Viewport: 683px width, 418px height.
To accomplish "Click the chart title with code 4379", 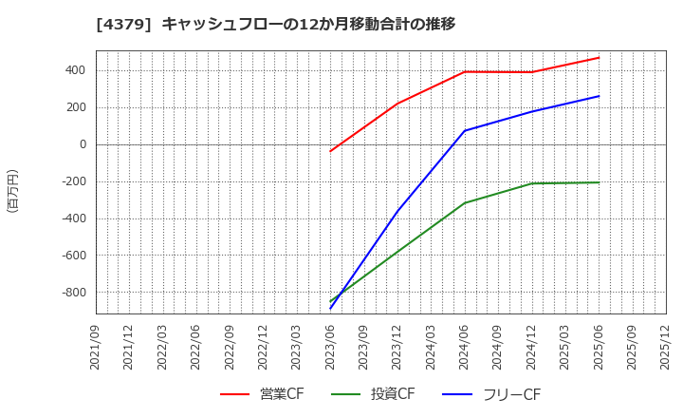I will coord(275,24).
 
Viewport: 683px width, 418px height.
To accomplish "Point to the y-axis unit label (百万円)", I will coord(12,190).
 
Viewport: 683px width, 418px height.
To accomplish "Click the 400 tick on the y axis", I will coord(76,70).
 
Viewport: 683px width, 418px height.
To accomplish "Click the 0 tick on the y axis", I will coord(83,144).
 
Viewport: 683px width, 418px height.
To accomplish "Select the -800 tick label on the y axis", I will coord(73,293).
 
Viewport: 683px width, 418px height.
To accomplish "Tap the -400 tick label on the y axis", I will coord(73,218).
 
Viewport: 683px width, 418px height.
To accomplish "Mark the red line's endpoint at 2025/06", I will coord(599,58).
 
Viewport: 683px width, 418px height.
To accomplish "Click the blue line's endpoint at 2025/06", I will coord(599,96).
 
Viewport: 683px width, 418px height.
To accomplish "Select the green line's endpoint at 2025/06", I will coord(599,182).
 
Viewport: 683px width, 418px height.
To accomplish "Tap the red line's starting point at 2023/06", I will coord(331,151).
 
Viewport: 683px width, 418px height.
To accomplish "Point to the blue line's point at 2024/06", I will coord(465,130).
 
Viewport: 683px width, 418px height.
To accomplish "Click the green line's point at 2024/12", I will coord(532,183).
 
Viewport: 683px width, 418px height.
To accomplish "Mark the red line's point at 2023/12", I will coord(397,104).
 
